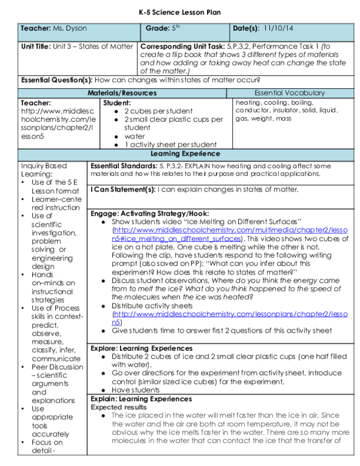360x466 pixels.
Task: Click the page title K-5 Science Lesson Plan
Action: coord(179,11)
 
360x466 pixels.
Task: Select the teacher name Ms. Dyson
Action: coord(65,28)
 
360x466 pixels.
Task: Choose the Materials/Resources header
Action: coord(122,93)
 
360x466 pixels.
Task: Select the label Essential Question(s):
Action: coord(57,80)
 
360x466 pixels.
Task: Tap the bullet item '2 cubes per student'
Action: coord(158,111)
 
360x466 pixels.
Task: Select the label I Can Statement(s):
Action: coord(123,189)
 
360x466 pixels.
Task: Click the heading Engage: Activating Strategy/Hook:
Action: coord(149,213)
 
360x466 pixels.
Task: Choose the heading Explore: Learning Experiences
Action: coord(141,348)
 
